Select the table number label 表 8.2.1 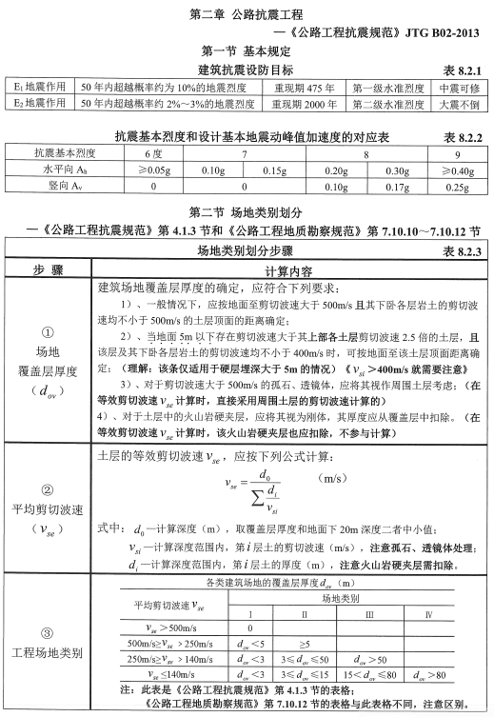point(464,68)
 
